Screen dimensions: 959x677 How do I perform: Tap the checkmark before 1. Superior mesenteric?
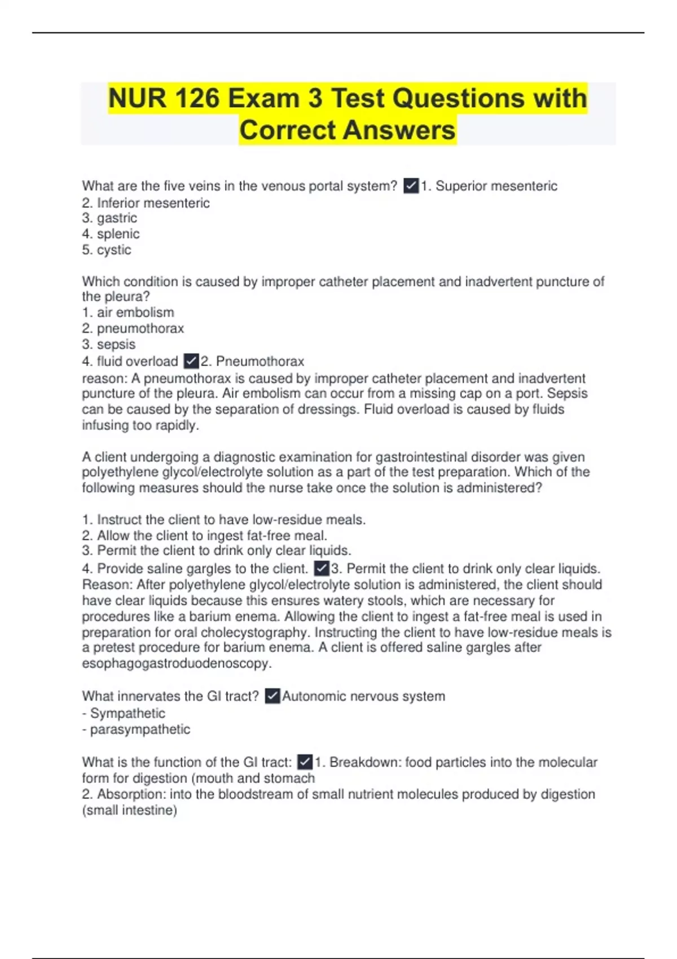click(411, 186)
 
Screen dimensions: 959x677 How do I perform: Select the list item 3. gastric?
click(109, 218)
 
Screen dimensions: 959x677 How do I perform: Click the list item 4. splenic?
click(111, 234)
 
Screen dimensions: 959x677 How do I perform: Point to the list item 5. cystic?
click(107, 250)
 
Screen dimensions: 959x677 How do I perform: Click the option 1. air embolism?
click(128, 313)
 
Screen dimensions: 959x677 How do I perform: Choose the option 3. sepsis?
click(109, 344)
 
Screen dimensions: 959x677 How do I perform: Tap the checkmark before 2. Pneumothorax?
click(191, 361)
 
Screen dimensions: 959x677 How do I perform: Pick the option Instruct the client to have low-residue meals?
click(224, 520)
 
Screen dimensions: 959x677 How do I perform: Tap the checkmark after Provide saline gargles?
click(322, 568)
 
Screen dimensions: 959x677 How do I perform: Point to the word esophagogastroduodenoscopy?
click(177, 663)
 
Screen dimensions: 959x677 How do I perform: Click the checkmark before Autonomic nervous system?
click(272, 696)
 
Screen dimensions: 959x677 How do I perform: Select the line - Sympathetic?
click(124, 714)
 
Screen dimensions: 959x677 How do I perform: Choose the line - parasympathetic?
click(136, 729)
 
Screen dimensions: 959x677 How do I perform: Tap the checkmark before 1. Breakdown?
click(305, 762)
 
